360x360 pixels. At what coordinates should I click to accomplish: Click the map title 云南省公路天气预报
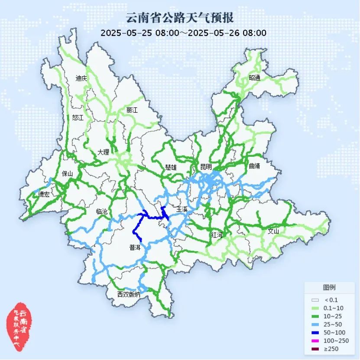coord(180,18)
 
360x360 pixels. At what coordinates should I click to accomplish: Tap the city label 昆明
coord(206,167)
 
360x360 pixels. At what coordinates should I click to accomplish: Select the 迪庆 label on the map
coord(81,78)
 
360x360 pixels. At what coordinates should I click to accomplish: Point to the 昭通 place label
coord(255,78)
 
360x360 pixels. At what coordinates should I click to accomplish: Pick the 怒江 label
coord(78,117)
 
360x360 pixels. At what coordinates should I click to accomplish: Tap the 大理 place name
coord(104,152)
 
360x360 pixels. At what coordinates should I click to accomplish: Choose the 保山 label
coord(68,174)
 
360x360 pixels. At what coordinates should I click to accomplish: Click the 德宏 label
coord(44,195)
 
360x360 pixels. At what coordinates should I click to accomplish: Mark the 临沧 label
coord(102,212)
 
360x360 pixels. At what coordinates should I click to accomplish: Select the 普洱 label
coord(135,248)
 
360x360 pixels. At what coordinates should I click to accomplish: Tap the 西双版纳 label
coord(129,295)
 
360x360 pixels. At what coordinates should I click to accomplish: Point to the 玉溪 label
coord(182,210)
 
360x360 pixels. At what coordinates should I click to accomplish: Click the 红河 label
coord(217,235)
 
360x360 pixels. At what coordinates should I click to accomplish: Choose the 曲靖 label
coord(255,166)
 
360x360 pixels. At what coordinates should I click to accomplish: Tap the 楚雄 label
coord(171,167)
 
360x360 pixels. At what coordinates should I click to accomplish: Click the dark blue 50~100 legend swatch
coord(315,332)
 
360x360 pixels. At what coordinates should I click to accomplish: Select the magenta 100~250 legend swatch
coord(315,341)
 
